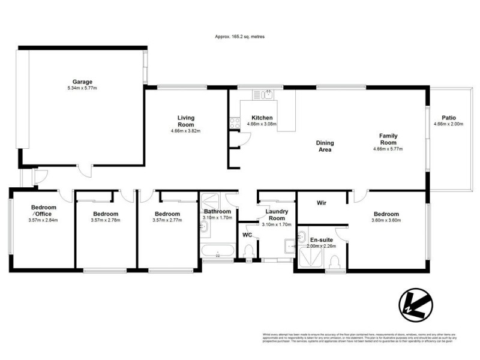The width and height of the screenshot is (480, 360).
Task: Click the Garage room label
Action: click(x=82, y=82)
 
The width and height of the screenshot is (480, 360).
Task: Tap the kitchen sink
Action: click(x=263, y=94)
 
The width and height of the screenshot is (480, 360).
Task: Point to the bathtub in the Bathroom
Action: click(x=217, y=253)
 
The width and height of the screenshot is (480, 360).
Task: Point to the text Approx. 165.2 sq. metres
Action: click(x=240, y=37)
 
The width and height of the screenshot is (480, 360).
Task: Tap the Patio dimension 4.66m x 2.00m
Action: click(x=449, y=124)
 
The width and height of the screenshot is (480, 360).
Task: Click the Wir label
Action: click(x=321, y=203)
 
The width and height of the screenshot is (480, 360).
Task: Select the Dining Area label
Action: click(x=325, y=146)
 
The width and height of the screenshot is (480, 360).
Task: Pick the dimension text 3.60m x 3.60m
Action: click(x=386, y=220)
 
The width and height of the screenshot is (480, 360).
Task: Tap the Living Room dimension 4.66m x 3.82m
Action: click(x=185, y=131)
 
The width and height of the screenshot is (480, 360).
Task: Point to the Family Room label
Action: click(x=388, y=139)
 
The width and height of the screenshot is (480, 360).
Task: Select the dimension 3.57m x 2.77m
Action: click(x=167, y=220)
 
